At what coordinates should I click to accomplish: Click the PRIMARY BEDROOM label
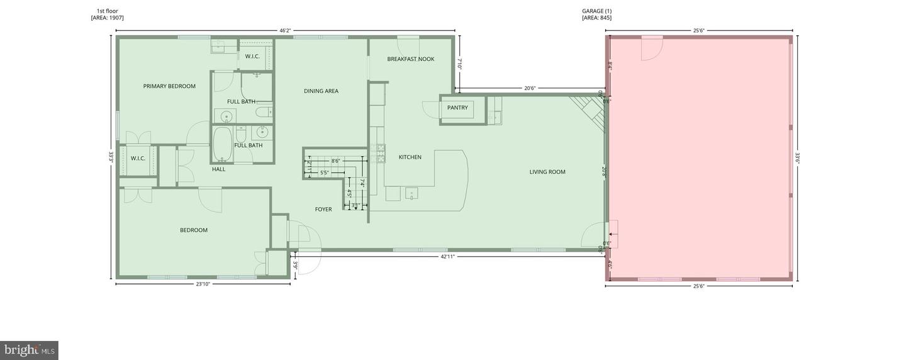tap(169, 86)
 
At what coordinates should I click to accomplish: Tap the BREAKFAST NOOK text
tap(410, 59)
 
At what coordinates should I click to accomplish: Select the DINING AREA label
tap(321, 91)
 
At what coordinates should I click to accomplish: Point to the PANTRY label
tap(457, 108)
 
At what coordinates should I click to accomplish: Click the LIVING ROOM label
tap(547, 172)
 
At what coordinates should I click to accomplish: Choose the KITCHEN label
tap(410, 157)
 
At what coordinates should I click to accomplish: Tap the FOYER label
tap(323, 210)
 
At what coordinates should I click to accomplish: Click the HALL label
tap(218, 169)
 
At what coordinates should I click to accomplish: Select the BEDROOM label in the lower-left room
tap(194, 230)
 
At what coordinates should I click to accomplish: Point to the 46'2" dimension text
tap(285, 30)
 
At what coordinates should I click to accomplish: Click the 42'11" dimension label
tap(447, 257)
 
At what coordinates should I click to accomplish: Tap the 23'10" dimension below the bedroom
tap(203, 284)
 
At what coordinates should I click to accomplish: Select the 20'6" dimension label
tap(530, 89)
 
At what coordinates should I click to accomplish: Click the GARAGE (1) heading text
tap(596, 11)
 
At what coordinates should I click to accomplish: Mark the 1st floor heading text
tap(107, 11)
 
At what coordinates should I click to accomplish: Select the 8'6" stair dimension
tap(336, 161)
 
